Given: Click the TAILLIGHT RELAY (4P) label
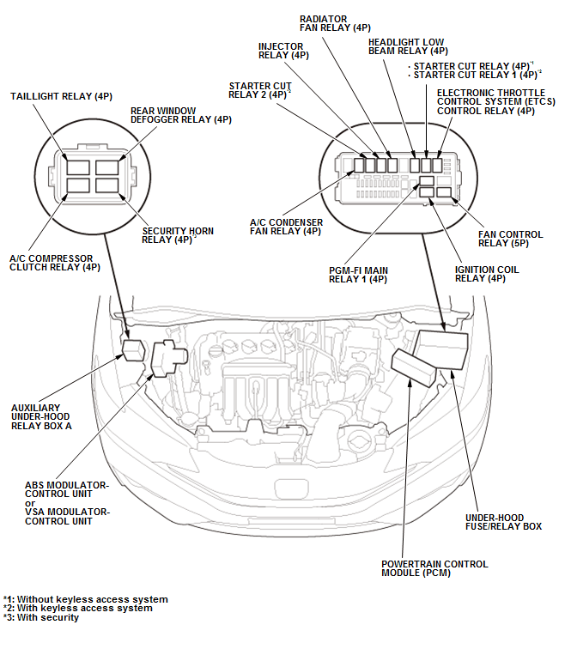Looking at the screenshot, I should point(61,96).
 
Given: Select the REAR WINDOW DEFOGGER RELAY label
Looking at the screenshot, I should point(180,115).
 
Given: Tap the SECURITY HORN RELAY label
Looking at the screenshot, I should point(178,235).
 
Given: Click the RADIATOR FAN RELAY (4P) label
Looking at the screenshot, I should point(335,23).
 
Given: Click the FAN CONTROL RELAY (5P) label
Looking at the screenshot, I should point(511,239).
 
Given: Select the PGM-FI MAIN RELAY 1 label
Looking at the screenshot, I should point(358,276).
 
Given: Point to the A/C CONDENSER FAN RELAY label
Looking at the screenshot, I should point(286,227).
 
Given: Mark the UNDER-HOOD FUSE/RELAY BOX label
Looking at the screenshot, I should point(503,522).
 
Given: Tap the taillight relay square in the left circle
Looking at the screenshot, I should point(76,167).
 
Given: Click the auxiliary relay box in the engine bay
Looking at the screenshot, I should point(134,351).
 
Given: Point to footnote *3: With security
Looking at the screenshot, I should point(41,617).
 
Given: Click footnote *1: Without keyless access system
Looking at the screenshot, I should point(85,598).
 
